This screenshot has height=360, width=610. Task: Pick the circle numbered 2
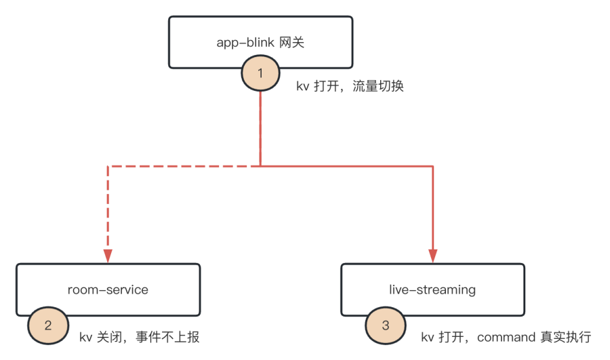point(47,325)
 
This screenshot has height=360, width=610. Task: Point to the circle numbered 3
point(386,325)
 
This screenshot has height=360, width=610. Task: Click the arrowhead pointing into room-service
point(108,256)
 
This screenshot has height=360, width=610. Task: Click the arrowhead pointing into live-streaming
point(432,256)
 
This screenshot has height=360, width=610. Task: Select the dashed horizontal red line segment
point(183,165)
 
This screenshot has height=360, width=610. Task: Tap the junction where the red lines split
point(260,165)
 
